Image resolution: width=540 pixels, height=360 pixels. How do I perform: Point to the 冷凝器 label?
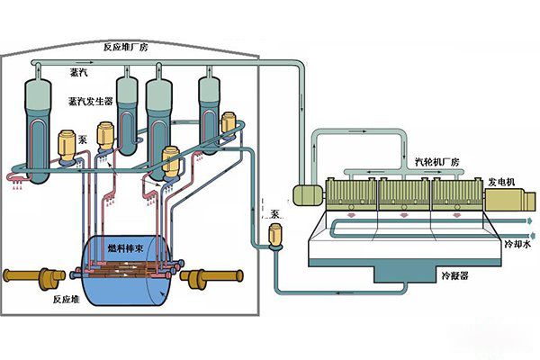tap(454, 275)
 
